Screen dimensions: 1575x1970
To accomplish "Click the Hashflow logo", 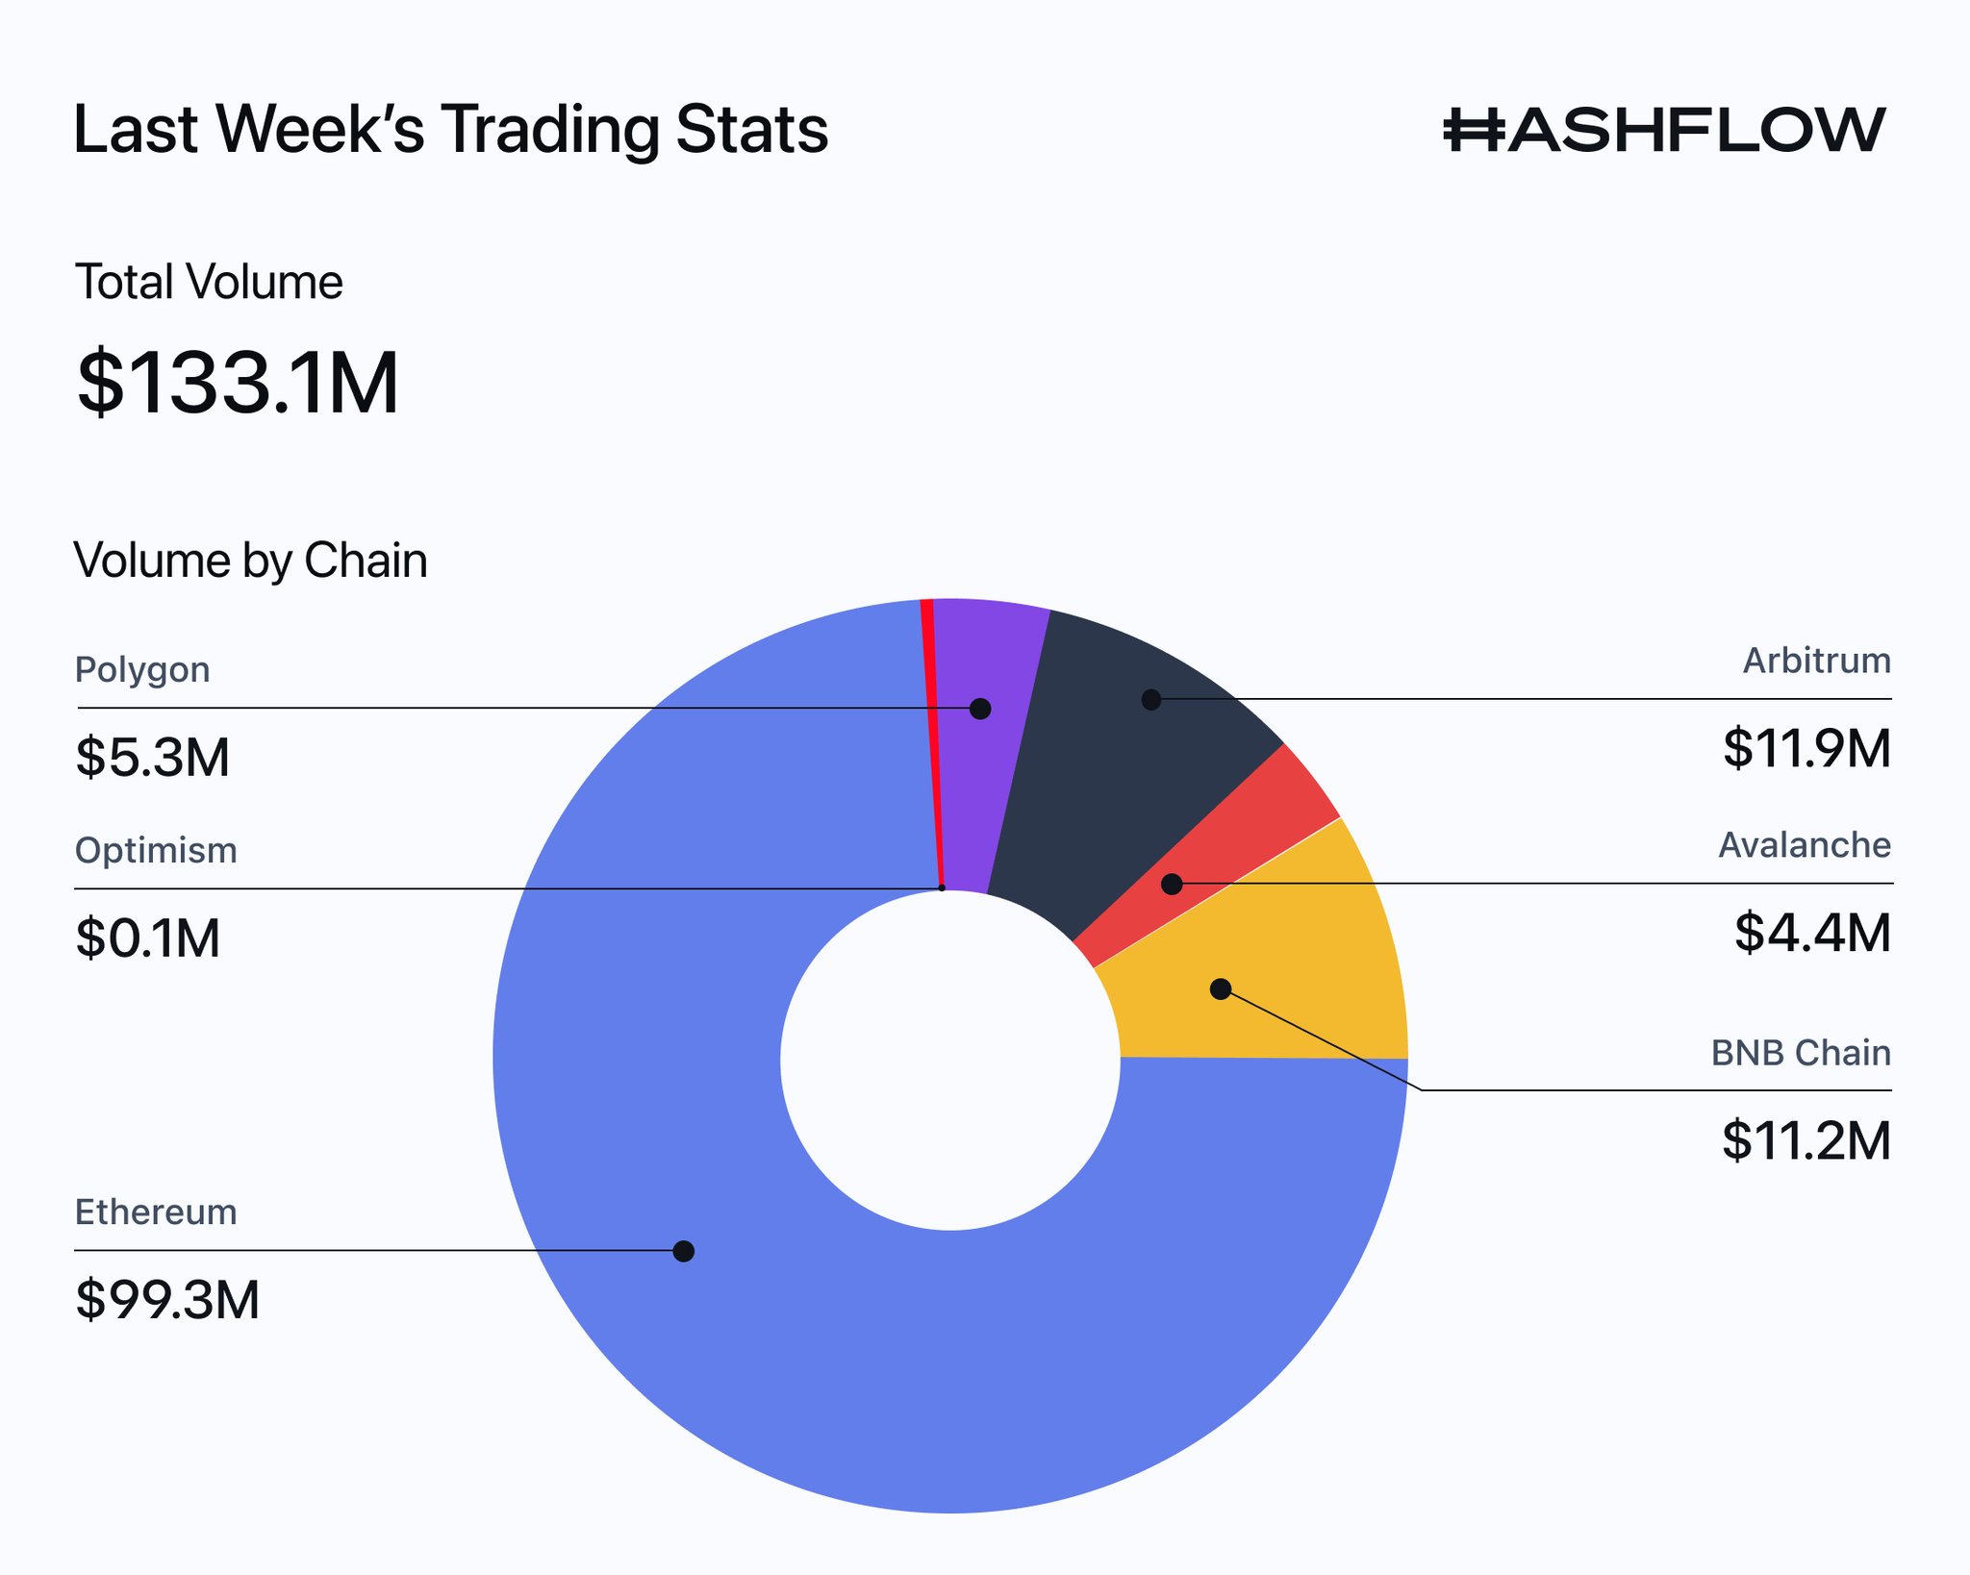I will tap(1664, 130).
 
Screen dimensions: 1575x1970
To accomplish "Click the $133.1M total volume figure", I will tap(238, 384).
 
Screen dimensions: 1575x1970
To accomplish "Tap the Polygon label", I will tap(142, 669).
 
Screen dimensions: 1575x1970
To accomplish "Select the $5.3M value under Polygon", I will tap(153, 757).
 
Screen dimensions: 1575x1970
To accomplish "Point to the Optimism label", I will tap(156, 850).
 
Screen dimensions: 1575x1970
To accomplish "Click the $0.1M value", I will tap(148, 937).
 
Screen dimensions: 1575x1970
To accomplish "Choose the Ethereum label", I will tap(156, 1212).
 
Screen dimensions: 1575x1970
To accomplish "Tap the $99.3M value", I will tap(167, 1299).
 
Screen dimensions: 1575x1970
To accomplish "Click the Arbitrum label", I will tap(1816, 661).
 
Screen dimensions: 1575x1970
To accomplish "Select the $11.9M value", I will tap(1806, 748).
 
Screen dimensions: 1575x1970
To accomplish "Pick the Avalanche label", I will tap(1804, 845).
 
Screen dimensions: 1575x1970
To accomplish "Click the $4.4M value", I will tap(1812, 933).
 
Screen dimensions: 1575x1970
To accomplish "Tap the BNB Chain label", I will tap(1800, 1053).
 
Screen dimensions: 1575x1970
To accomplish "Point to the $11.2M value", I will tap(1806, 1140).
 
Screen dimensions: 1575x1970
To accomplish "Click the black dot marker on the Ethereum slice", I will tap(684, 1251).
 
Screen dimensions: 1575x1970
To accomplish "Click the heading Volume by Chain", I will tap(250, 561).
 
